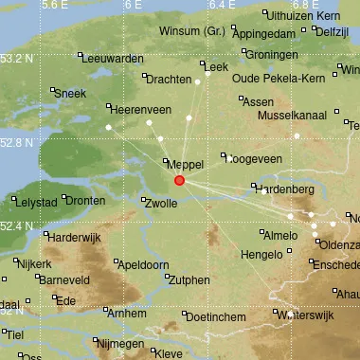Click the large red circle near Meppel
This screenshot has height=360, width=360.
(x=179, y=180)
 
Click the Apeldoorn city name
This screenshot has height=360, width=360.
(x=145, y=264)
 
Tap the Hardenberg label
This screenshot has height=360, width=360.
(x=285, y=189)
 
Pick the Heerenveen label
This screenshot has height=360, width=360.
(x=142, y=110)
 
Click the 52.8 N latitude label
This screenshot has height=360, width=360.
(x=17, y=143)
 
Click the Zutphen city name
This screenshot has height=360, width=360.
(x=188, y=279)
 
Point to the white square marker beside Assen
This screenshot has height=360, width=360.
(x=243, y=99)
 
